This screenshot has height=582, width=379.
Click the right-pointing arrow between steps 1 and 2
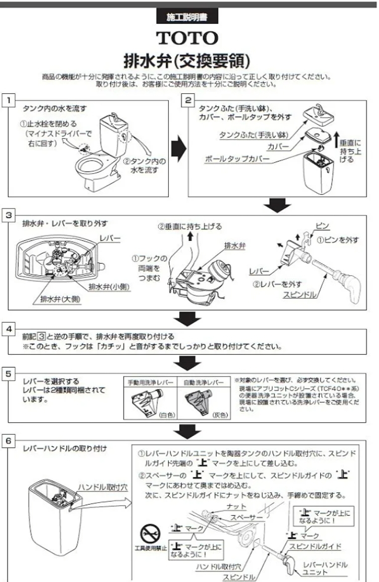pos(178,147)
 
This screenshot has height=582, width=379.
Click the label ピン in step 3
pos(323,226)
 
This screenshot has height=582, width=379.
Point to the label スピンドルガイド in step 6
pos(315,547)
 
